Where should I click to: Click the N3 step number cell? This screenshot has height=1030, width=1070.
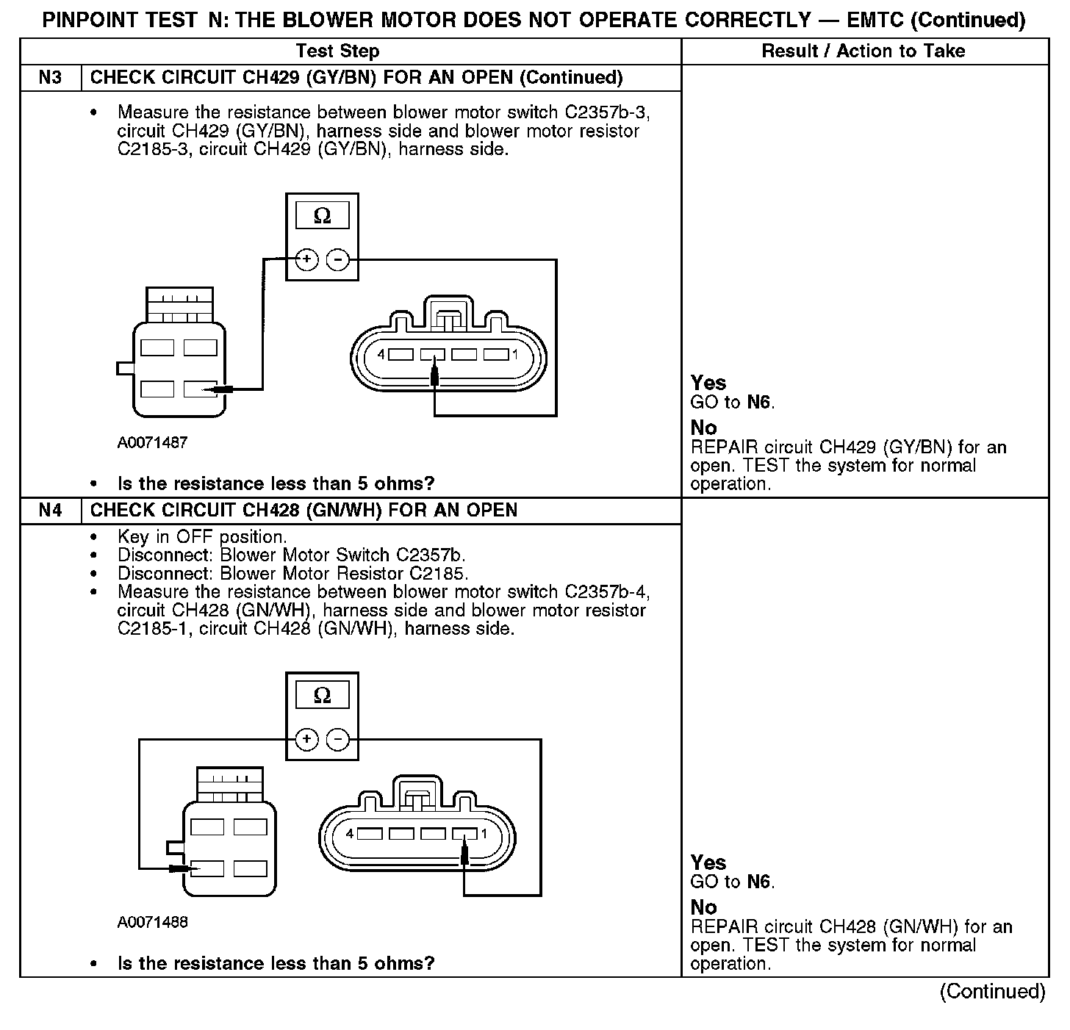coord(50,78)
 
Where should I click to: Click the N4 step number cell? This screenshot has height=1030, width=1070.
coord(50,511)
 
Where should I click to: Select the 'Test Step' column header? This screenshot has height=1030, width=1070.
coord(337,51)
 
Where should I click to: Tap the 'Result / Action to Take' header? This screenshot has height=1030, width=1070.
coord(863,51)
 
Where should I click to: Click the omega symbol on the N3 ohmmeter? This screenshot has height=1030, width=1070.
coord(322,216)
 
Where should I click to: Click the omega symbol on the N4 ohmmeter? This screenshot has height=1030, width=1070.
coord(322,695)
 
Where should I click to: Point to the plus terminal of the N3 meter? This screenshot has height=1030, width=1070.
coord(306,259)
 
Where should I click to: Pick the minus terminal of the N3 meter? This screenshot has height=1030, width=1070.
coord(337,259)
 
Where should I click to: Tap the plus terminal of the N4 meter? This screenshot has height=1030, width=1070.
coord(306,739)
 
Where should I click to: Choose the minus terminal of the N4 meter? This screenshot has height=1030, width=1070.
coord(337,739)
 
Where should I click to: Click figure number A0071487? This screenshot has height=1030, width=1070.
coord(152,442)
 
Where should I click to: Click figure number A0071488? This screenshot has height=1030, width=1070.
coord(152,922)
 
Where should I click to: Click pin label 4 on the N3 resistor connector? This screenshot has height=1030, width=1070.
coord(381,355)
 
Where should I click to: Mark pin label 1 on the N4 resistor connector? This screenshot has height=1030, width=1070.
coord(484,834)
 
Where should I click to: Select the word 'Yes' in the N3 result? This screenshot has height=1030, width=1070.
coord(708,383)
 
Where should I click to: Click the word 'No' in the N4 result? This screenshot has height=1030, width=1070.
coord(703,907)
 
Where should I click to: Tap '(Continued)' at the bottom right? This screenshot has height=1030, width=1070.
coord(992,992)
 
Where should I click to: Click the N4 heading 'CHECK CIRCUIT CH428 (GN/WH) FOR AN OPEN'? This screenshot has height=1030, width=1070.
coord(304,511)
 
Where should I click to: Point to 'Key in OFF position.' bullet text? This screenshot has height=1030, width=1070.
coord(202,537)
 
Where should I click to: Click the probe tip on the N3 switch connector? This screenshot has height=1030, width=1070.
coord(213,389)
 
